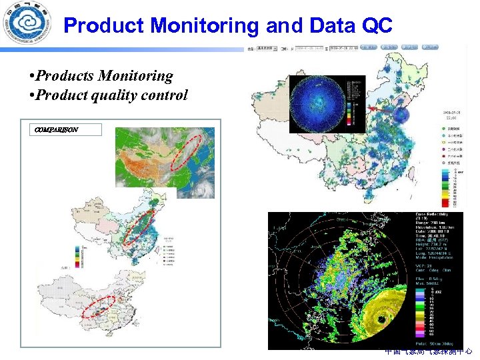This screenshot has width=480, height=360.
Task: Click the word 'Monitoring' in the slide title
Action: point(205,26)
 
